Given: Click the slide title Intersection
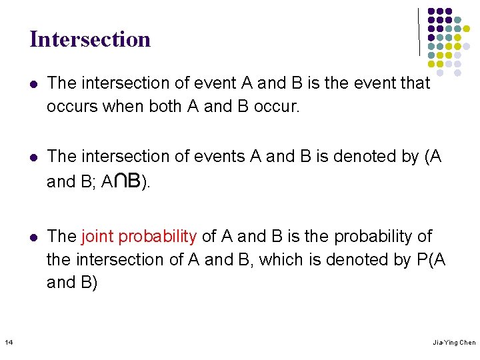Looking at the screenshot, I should [x=90, y=39].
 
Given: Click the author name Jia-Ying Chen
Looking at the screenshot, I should [x=454, y=343].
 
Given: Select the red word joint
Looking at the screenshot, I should [x=95, y=237].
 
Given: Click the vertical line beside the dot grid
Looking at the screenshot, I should [x=419, y=32].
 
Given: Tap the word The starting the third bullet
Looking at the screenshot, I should [x=62, y=237].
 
